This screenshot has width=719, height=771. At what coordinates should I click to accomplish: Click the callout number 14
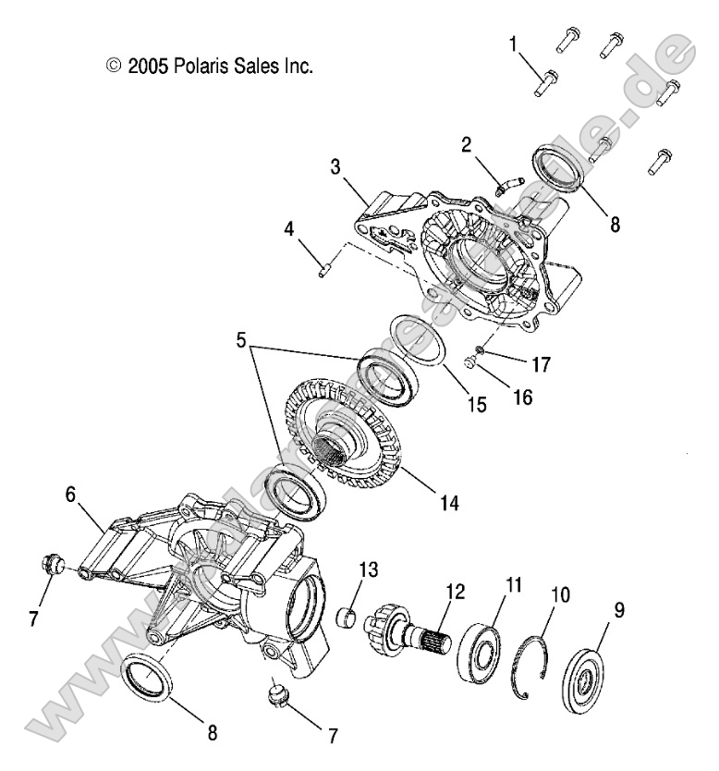(449, 503)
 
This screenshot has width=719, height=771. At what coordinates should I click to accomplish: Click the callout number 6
(71, 496)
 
